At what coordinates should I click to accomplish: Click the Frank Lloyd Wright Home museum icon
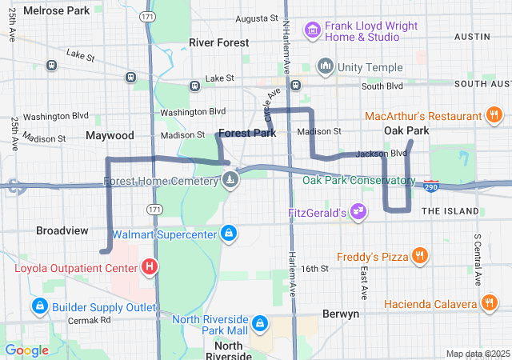pyautogui.click(x=312, y=31)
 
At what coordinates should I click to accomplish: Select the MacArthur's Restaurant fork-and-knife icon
pyautogui.click(x=494, y=117)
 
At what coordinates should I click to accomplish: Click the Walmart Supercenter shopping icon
pyautogui.click(x=230, y=234)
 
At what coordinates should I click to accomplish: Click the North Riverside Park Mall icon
pyautogui.click(x=259, y=323)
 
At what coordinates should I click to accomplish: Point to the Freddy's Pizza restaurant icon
pyautogui.click(x=419, y=256)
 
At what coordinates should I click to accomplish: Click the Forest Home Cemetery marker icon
pyautogui.click(x=230, y=180)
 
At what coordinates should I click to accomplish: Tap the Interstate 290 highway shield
pyautogui.click(x=432, y=186)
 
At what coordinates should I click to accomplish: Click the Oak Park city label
pyautogui.click(x=406, y=130)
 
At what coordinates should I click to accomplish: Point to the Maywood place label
pyautogui.click(x=110, y=135)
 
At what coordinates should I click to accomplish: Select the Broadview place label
pyautogui.click(x=62, y=230)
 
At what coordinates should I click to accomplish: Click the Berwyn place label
pyautogui.click(x=341, y=314)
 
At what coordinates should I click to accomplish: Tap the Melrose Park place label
pyautogui.click(x=57, y=11)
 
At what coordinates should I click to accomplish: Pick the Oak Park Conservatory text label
pyautogui.click(x=357, y=179)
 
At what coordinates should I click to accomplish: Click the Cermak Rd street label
pyautogui.click(x=89, y=321)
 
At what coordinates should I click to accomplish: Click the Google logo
pyautogui.click(x=26, y=350)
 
